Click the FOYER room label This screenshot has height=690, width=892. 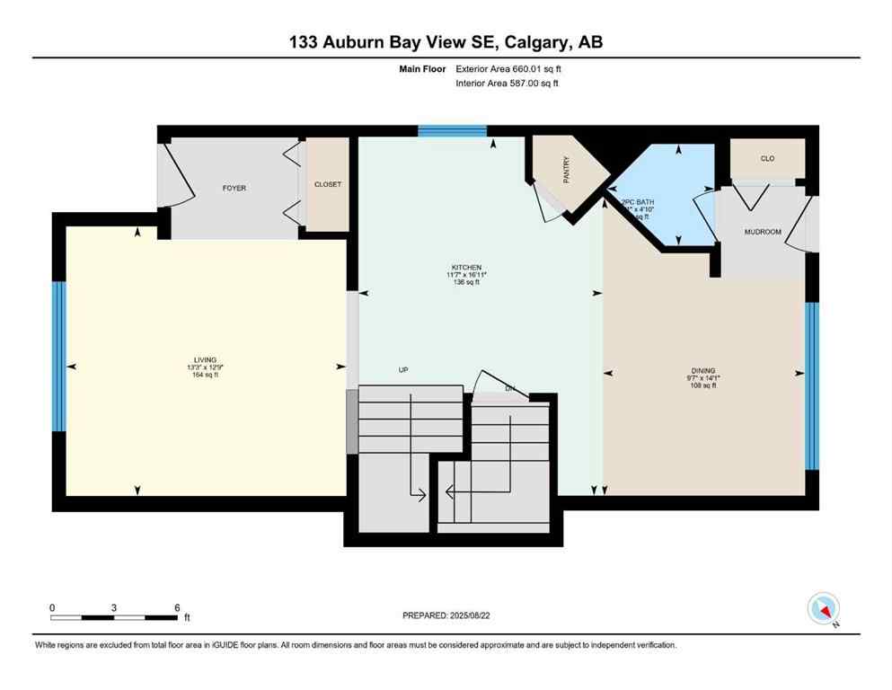(234, 188)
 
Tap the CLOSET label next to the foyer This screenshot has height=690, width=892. (327, 184)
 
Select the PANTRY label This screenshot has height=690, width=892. (567, 172)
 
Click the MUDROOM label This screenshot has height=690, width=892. (763, 232)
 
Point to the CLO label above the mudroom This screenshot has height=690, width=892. (767, 159)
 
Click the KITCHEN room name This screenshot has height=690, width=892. (467, 267)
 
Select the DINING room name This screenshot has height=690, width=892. (703, 369)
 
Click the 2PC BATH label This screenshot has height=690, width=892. (640, 202)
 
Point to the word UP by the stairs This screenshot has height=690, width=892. (404, 369)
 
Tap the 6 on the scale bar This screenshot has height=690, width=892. (177, 607)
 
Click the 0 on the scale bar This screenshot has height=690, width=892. (52, 607)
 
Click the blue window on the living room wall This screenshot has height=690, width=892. (59, 357)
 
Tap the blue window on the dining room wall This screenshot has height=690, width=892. (812, 386)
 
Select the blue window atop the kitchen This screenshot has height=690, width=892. (452, 131)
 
